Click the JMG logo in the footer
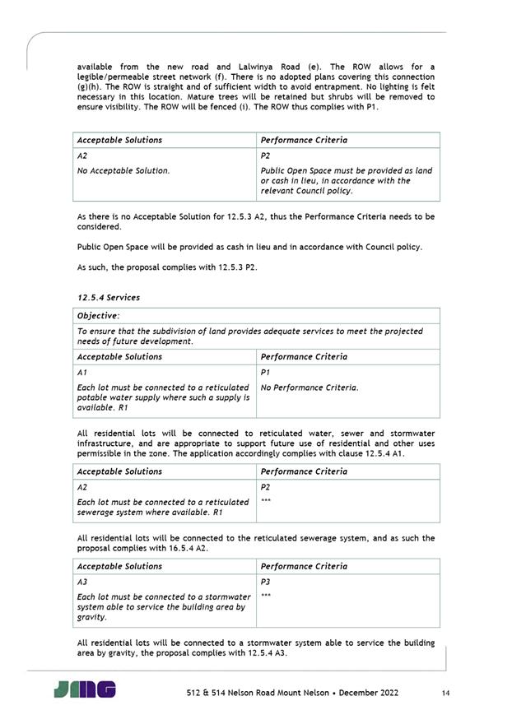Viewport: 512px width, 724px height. click(x=85, y=689)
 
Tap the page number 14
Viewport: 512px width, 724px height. click(x=445, y=694)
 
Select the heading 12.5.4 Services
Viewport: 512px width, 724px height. click(x=108, y=297)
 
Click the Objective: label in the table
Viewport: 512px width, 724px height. click(x=98, y=316)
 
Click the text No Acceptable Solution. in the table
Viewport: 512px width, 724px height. click(x=123, y=171)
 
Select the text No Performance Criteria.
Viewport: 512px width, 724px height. click(x=310, y=387)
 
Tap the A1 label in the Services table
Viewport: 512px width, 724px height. click(x=81, y=372)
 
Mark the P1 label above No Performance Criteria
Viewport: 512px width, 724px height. click(x=265, y=372)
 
